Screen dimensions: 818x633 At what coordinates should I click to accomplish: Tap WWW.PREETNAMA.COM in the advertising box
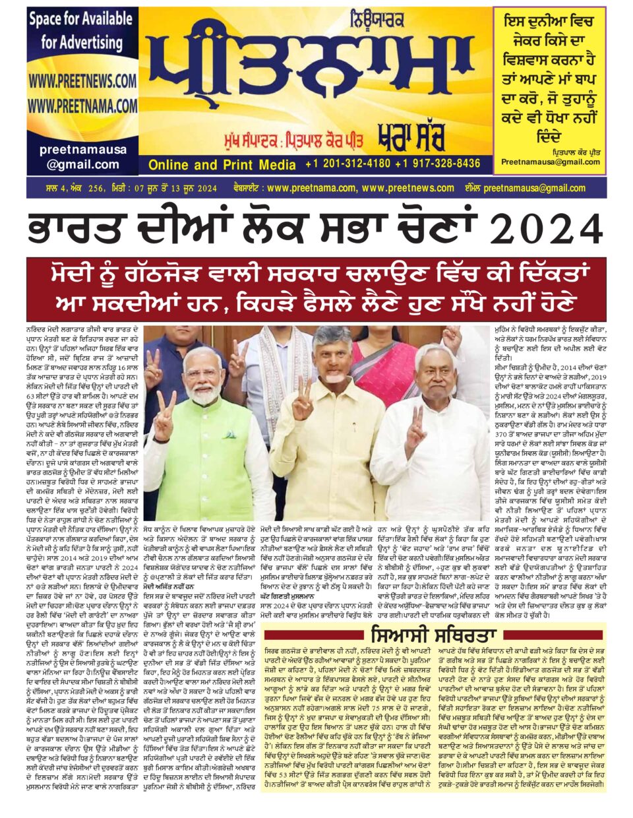82,105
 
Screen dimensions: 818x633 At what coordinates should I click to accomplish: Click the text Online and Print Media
222,164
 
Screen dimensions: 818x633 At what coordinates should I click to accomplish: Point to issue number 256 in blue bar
96,189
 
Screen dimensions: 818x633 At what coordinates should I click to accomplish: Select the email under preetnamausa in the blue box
82,164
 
